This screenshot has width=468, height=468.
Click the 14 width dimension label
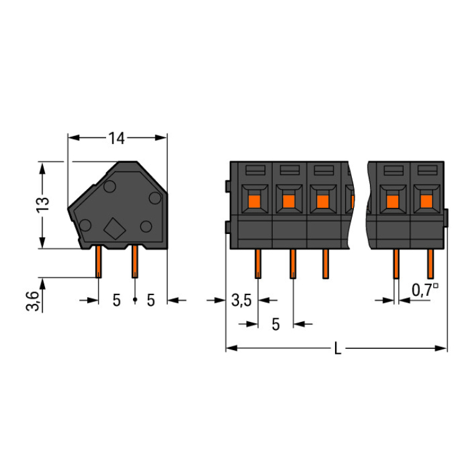116,138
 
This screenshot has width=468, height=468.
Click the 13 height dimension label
42,205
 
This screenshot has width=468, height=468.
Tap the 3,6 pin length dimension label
32,301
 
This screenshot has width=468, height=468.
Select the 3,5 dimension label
241,300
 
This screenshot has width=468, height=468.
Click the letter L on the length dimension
338,348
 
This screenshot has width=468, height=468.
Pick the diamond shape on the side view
115,229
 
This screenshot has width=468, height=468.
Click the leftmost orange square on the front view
255,201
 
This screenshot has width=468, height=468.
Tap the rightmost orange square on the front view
427,201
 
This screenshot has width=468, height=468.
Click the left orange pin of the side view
99,261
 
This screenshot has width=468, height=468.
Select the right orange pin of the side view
135,261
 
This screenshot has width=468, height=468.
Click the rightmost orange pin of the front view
430,264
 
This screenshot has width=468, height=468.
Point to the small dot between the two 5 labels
135,299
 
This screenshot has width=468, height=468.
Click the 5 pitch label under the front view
276,324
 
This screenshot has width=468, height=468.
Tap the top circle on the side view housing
110,186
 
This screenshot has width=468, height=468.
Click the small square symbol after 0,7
436,286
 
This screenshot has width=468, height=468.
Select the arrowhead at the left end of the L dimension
232,348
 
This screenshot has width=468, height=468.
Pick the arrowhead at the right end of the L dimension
441,348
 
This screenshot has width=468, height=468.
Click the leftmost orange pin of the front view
258,264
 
